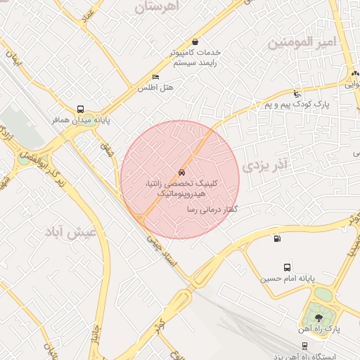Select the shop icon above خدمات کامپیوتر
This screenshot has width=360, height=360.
195,41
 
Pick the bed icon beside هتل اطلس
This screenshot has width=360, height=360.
155,77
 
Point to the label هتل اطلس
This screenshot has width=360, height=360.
155,88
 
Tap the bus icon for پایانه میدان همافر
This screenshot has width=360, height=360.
81,110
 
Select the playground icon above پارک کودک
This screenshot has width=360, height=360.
297,94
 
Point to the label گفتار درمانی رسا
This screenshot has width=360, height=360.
210,210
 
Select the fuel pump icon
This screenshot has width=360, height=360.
275,238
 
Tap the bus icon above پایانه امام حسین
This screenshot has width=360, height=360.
287,267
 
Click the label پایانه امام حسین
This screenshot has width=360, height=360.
285,278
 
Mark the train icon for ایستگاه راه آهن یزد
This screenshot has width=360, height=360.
304,345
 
